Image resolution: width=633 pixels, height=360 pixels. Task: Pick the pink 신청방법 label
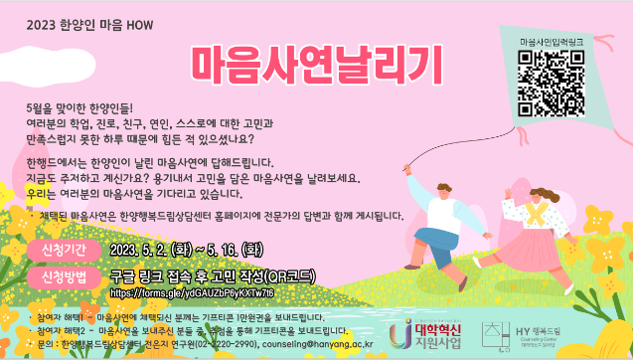click(65, 273)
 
